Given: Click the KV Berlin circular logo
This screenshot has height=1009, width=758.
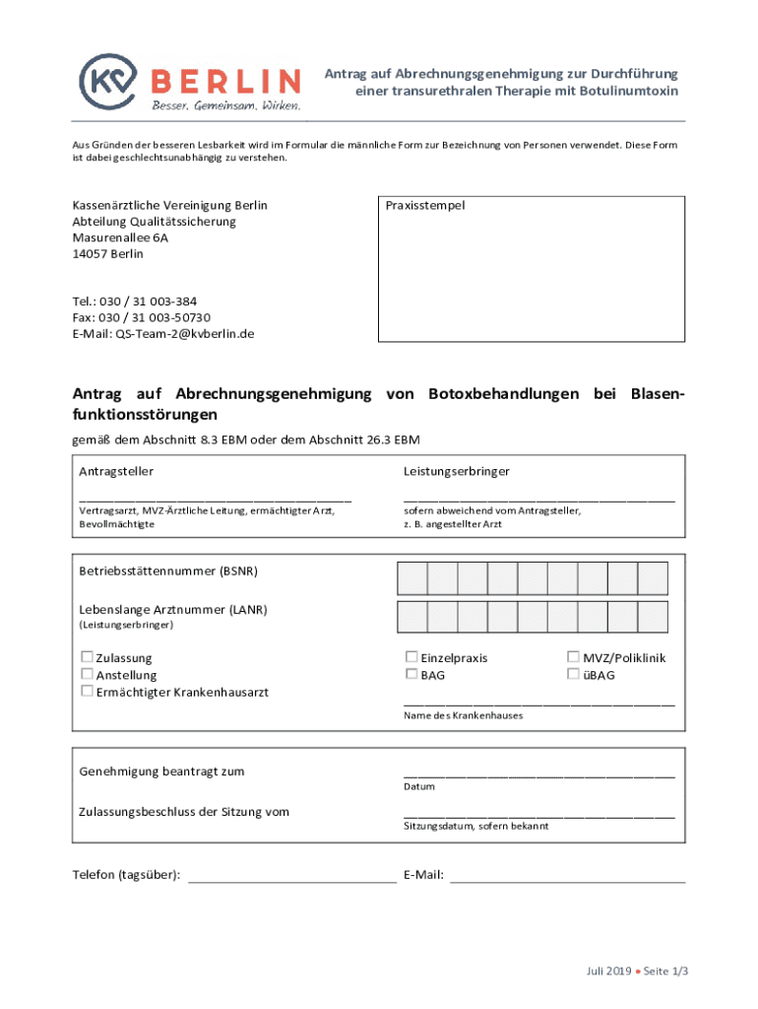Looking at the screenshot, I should [x=108, y=79].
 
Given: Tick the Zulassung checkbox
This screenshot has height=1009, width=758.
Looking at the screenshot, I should [x=87, y=656].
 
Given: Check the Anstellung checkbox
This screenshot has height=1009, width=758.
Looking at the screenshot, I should [x=87, y=674].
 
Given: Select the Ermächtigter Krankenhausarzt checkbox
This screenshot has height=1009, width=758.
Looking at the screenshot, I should [x=87, y=691].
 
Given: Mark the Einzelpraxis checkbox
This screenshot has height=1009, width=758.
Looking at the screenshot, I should [x=411, y=656].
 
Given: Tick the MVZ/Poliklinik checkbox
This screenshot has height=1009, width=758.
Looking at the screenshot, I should [x=573, y=656].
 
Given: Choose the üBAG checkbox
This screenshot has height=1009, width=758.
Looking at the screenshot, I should [x=573, y=674].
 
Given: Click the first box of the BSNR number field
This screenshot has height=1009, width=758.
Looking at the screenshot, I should [x=412, y=577].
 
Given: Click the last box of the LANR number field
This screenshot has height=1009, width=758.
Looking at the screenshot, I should [x=653, y=617].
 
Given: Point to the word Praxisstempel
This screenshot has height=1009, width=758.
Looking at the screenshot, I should [x=425, y=206].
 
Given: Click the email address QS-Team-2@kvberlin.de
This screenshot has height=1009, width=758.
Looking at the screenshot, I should [x=184, y=333].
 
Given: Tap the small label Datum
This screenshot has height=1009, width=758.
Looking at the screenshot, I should [x=418, y=786].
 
